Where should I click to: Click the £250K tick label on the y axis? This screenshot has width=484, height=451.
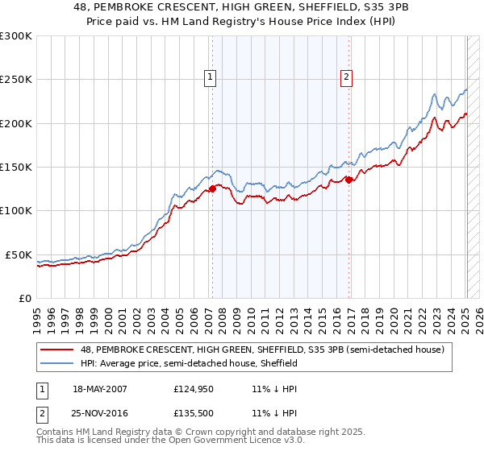click(x=15, y=80)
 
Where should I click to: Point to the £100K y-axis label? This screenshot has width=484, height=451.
click(x=15, y=210)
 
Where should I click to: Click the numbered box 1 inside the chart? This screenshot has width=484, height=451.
click(x=210, y=77)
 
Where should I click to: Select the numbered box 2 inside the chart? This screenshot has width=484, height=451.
click(x=346, y=77)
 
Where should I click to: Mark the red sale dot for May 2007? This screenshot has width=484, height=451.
click(x=213, y=188)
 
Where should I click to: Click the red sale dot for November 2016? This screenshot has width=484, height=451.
click(x=348, y=180)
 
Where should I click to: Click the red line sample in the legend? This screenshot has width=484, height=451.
click(x=57, y=350)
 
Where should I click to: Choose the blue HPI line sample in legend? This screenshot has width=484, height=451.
click(x=57, y=364)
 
